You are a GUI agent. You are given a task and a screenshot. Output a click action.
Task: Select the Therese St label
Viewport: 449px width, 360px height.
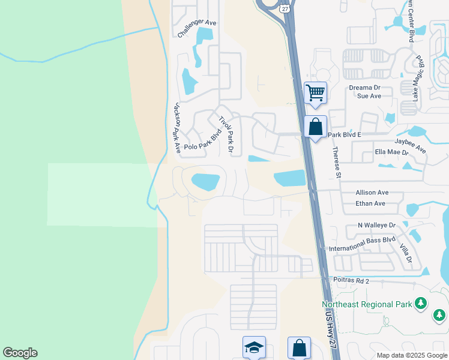coord(337,163)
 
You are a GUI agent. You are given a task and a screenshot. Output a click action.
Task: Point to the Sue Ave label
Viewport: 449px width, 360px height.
coord(369,96)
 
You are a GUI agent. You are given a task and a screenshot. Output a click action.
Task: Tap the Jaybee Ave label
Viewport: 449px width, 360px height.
coord(411,145)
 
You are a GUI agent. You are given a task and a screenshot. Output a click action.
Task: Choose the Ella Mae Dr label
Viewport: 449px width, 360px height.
coord(391,152)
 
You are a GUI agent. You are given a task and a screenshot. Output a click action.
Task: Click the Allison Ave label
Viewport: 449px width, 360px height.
coord(372,193)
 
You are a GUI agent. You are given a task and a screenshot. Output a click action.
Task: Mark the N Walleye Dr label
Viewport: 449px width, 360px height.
coord(376,225)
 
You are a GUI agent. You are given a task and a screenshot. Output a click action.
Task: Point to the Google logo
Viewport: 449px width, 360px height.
coord(20,353)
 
